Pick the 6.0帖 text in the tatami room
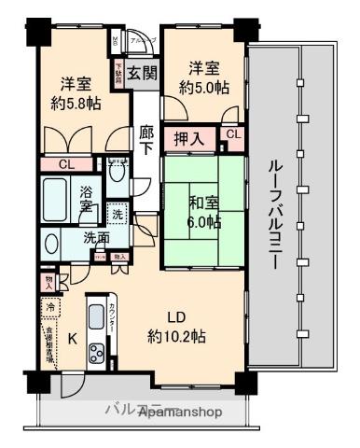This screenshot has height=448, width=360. pyautogui.click(x=202, y=221)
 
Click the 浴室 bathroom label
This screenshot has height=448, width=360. pyautogui.click(x=86, y=198)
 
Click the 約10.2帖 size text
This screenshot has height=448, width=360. pyautogui.click(x=176, y=336)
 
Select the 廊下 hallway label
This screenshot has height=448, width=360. pyautogui.click(x=145, y=141)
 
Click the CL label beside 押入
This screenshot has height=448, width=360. pyautogui.click(x=233, y=135)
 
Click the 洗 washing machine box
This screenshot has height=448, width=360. pyautogui.click(x=117, y=213)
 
